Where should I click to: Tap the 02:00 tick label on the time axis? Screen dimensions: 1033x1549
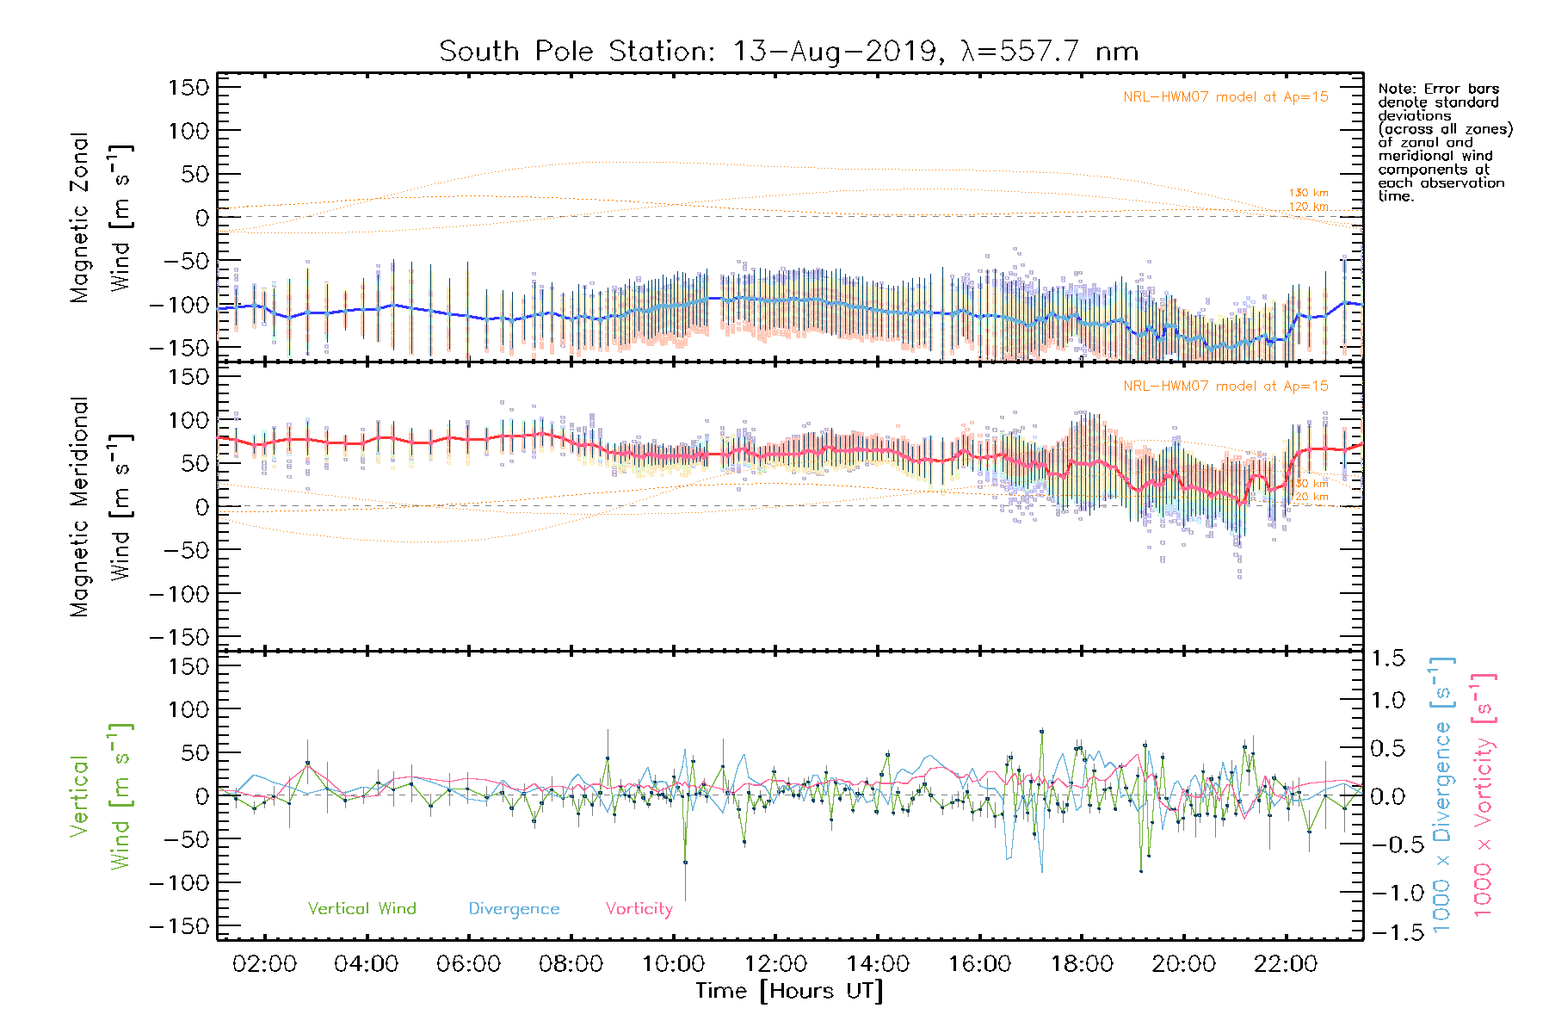264,964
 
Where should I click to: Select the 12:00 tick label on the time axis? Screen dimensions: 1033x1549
775,964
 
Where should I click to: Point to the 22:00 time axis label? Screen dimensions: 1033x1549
1286,964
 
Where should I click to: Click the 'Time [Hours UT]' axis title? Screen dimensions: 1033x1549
789,991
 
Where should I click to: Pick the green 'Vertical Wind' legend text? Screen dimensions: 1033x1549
361,909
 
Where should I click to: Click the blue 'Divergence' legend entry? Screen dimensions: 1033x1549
514,909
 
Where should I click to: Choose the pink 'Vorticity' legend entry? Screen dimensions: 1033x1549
639,909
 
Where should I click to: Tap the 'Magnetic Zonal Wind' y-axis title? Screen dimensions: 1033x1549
102,217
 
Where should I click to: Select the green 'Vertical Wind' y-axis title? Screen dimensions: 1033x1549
102,796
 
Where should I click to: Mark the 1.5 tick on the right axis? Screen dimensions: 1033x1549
1387,659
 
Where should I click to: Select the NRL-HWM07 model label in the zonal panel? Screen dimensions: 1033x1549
1225,97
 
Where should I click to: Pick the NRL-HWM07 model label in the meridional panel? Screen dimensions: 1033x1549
1225,387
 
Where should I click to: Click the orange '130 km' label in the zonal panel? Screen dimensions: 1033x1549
1308,193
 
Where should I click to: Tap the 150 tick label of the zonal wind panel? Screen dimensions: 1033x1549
188,88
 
